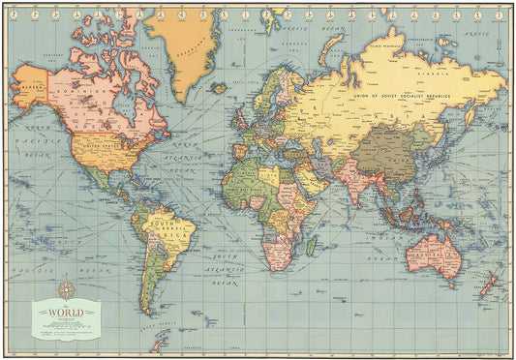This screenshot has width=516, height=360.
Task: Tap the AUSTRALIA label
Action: (434, 253)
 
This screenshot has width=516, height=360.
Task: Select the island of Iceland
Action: (221, 86)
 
